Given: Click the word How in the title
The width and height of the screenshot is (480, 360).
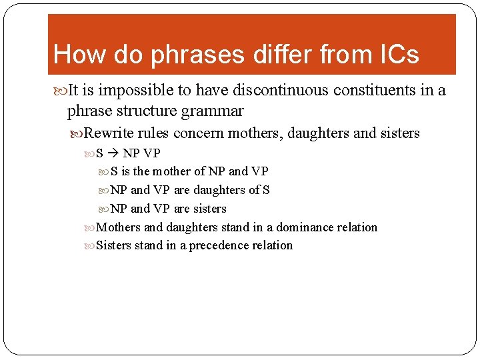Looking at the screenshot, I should pos(75,55).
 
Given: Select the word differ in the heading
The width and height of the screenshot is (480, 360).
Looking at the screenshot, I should pos(286,55).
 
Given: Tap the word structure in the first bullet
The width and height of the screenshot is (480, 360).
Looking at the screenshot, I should pos(142,111).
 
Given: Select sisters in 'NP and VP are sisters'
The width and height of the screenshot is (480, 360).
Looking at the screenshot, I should pos(210,209).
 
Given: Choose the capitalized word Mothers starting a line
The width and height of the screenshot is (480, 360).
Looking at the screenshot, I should pos(119,227).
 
